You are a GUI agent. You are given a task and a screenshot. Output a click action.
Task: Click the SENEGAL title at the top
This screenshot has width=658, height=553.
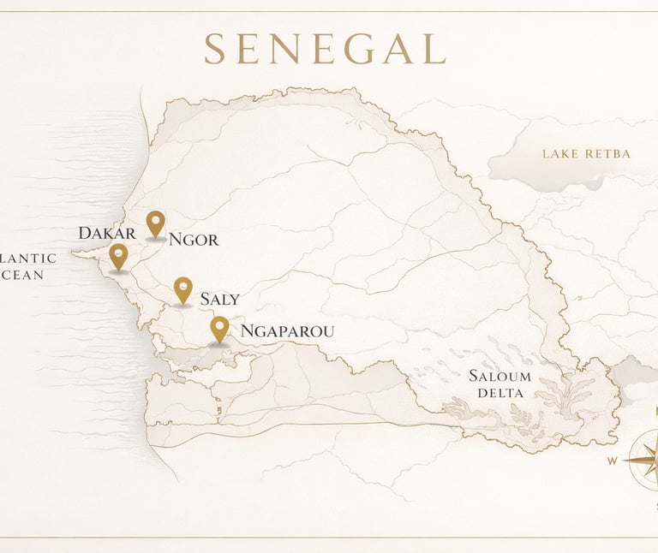tap(325, 49)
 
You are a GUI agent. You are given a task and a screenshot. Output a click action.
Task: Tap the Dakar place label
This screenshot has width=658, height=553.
tap(107, 234)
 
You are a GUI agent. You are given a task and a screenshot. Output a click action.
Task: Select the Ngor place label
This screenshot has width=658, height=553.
tap(194, 240)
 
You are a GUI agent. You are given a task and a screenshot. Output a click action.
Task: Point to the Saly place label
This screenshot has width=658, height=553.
tap(219, 300)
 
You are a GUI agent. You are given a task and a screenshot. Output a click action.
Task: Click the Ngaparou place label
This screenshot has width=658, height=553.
tap(287, 331)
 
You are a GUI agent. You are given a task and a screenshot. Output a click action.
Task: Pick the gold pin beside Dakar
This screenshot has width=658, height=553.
tap(118, 256)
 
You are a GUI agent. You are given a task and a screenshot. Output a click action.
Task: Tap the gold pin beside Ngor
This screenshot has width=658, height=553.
tap(155, 223)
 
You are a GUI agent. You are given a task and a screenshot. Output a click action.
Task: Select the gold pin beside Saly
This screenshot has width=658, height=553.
tap(182, 289)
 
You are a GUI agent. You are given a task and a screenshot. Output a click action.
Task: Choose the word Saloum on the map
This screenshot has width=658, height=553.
tap(499, 377)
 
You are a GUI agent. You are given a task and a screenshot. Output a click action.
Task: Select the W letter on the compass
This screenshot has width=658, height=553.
tap(613, 461)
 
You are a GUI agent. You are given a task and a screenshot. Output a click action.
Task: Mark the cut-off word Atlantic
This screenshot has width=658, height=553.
tap(27, 259)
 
